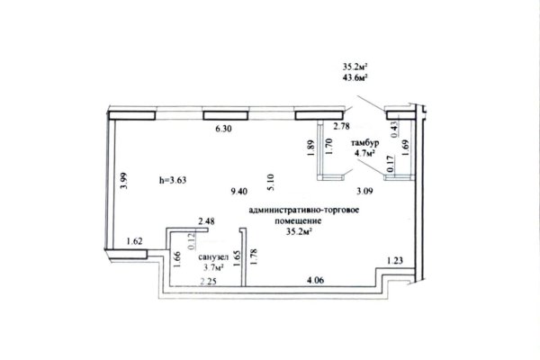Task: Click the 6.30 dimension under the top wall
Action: tap(223, 130)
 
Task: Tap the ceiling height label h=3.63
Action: tap(173, 180)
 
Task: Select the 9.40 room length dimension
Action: tap(239, 191)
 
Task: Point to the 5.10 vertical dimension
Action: tap(270, 182)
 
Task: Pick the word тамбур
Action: tap(365, 143)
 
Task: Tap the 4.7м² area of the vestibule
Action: tap(365, 153)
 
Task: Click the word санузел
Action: tap(213, 257)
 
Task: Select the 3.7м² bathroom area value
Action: tap(213, 266)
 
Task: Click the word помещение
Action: tap(298, 220)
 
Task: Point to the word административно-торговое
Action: tap(304, 210)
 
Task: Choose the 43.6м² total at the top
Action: tap(355, 77)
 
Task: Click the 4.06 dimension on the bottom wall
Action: tap(316, 280)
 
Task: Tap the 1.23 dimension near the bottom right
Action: tap(395, 261)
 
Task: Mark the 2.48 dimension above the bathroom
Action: tap(206, 220)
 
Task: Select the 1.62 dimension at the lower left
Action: tap(134, 241)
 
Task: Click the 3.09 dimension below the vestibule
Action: tap(364, 191)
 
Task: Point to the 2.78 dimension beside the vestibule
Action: tap(342, 126)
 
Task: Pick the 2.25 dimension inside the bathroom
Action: tap(209, 282)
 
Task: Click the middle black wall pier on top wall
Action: tap(226, 115)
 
